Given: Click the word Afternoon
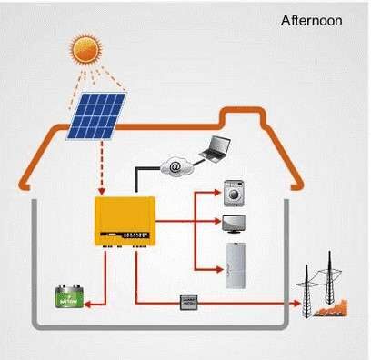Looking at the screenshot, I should tap(311, 19).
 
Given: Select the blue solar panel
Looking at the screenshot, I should tap(97, 115).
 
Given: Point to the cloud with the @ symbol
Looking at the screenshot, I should tap(173, 166).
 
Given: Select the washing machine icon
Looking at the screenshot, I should tap(235, 194).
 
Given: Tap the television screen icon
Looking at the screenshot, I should tap(235, 224).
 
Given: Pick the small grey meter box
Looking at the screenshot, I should tap(189, 299).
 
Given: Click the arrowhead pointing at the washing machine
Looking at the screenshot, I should tap(218, 194).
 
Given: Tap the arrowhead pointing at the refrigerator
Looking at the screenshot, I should tap(218, 271).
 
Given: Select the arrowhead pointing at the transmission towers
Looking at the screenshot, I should tap(299, 301).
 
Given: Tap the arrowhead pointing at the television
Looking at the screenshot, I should tap(218, 223).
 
